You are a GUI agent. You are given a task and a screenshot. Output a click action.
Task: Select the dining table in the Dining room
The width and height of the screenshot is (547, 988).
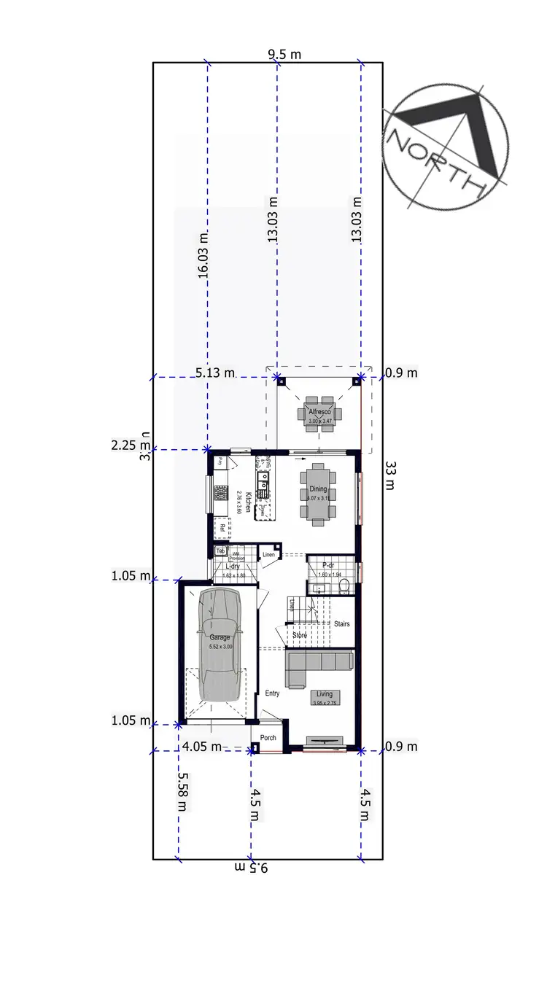(x=319, y=494)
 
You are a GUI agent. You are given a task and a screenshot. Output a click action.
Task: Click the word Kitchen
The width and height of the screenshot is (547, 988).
(x=248, y=503)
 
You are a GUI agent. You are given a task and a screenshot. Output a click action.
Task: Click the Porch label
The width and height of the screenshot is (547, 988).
(x=268, y=738)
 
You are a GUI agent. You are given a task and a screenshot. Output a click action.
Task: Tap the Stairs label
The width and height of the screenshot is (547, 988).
(x=341, y=624)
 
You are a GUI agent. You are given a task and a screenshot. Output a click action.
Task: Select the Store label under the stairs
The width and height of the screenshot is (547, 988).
(x=300, y=636)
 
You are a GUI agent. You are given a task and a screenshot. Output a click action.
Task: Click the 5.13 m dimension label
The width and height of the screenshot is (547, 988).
(x=216, y=373)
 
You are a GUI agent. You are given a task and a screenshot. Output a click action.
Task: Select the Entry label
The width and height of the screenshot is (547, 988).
(x=273, y=693)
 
